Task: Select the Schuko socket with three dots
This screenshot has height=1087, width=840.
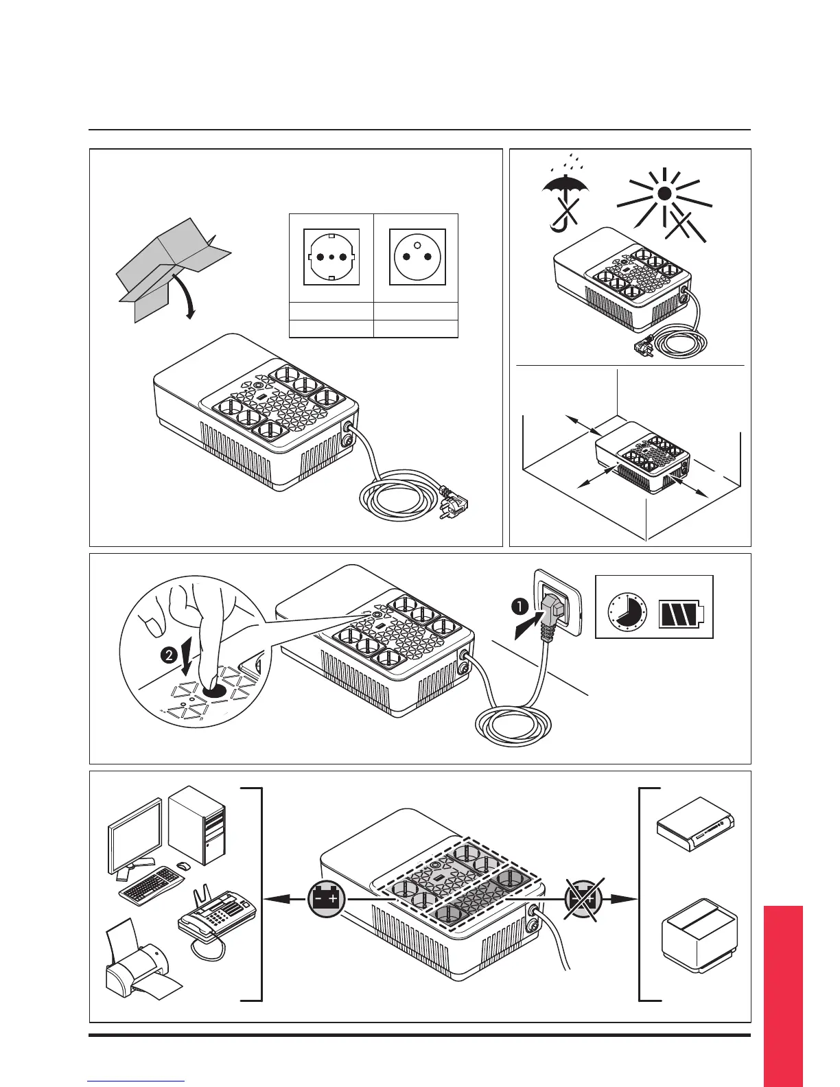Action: pos(331,257)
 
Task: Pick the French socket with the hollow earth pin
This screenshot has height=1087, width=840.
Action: pos(417,257)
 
